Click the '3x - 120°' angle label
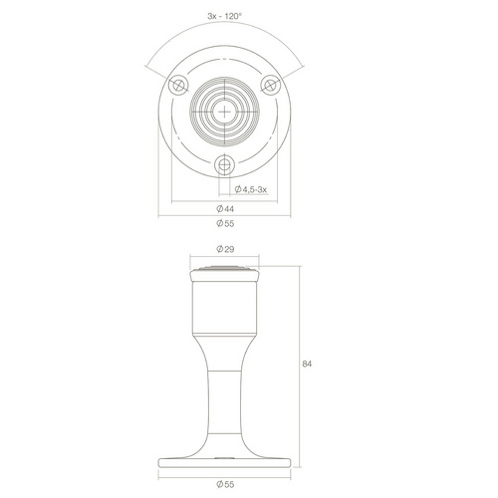[x=224, y=17]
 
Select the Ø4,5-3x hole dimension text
[x=253, y=189]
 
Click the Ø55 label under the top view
[x=225, y=223]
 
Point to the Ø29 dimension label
[x=225, y=249]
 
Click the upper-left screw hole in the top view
[x=178, y=86]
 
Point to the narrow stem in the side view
[x=225, y=398]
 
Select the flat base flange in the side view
[x=225, y=462]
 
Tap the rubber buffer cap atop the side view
[x=225, y=271]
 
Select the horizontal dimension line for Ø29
[x=225, y=258]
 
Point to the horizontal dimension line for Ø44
[x=199, y=202]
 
